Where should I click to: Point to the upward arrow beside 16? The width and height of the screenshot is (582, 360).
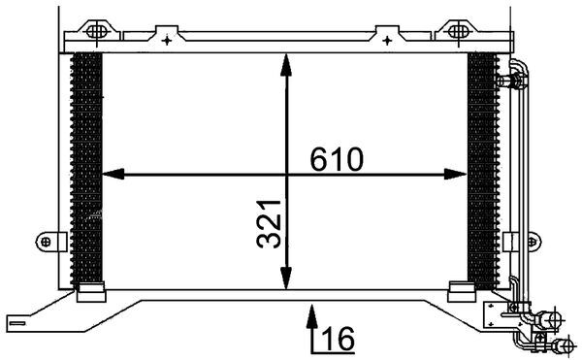310,325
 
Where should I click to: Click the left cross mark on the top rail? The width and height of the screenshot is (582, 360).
168,41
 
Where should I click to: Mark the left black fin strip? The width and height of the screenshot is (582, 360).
88,165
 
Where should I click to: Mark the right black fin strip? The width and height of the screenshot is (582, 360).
480,165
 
